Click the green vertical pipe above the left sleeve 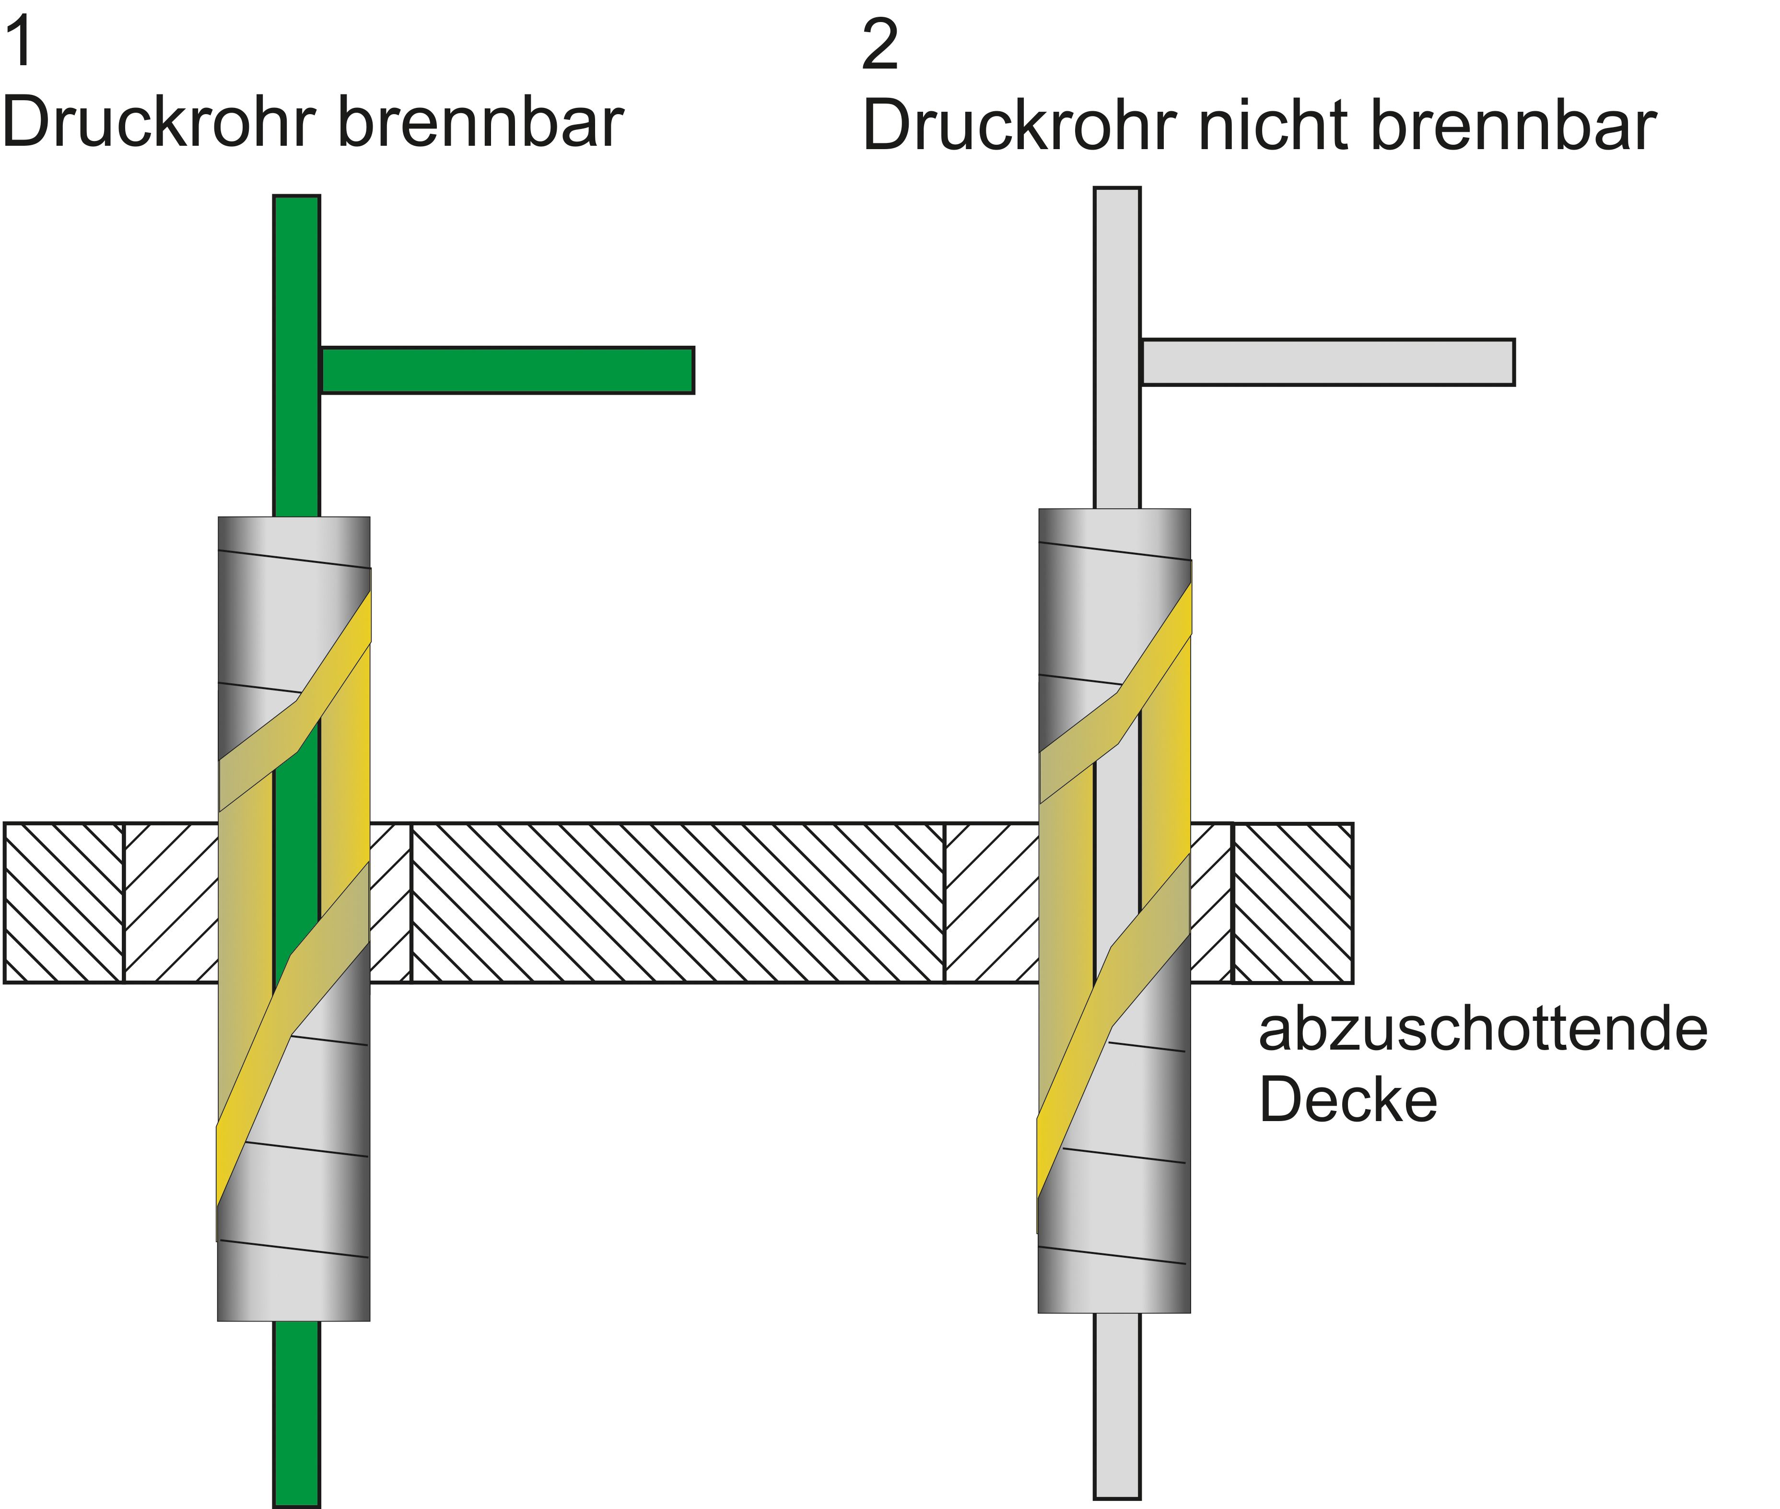(296, 356)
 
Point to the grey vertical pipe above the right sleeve (1117, 348)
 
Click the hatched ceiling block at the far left (64, 902)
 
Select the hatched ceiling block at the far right (1292, 902)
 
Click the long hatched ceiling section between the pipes (678, 902)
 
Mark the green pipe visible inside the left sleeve (296, 855)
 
